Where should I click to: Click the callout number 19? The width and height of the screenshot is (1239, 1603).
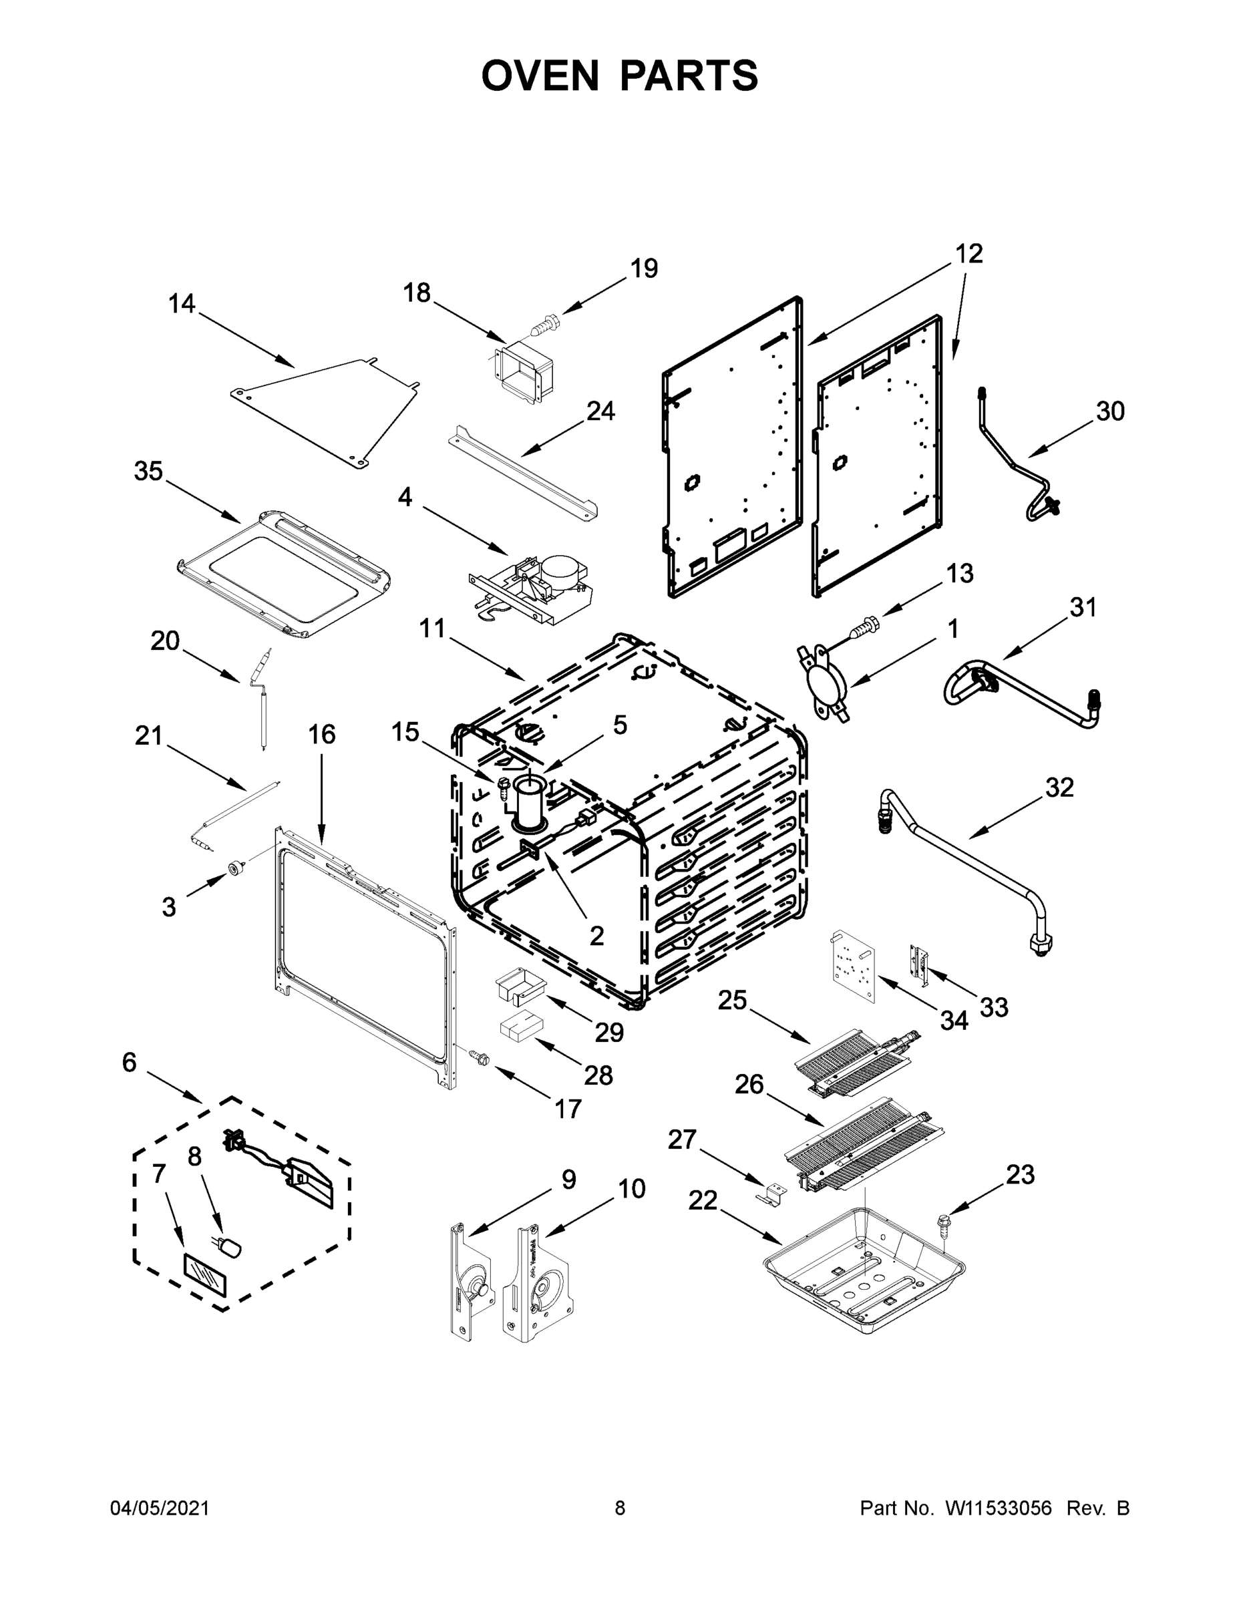pos(644,269)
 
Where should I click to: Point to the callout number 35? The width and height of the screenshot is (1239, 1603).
pos(148,471)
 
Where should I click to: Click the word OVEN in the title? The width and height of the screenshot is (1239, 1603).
pos(540,75)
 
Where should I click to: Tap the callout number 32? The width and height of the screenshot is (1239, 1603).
pos(1059,787)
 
